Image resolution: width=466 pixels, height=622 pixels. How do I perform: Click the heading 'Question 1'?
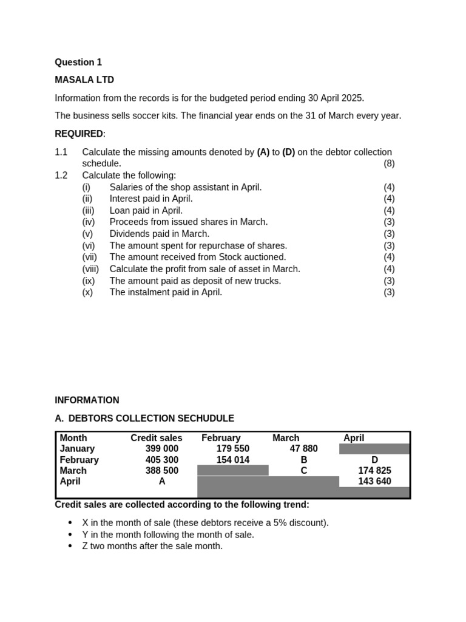[78, 62]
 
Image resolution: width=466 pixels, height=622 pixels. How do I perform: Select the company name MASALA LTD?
[84, 80]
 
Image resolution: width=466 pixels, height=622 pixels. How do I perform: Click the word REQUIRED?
[79, 134]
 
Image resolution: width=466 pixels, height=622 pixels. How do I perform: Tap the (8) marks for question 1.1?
[389, 163]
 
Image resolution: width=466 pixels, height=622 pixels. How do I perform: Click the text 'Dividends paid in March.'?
[159, 234]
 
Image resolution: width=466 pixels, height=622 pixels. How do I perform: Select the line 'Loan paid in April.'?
[146, 211]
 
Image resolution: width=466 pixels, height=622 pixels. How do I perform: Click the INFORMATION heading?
[87, 400]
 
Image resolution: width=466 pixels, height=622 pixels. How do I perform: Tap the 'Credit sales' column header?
[156, 438]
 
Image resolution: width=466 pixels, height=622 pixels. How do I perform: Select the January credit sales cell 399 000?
[162, 449]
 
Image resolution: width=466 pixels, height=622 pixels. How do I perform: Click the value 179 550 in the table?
[233, 449]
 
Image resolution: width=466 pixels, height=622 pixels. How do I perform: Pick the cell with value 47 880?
[303, 449]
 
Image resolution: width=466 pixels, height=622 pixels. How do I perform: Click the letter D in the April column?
[374, 460]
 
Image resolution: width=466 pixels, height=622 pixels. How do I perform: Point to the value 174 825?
[374, 471]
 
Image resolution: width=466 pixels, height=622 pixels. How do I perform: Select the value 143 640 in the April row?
[374, 482]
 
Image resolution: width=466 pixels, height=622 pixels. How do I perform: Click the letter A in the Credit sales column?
[162, 482]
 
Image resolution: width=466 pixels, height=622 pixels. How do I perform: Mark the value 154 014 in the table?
[233, 460]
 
